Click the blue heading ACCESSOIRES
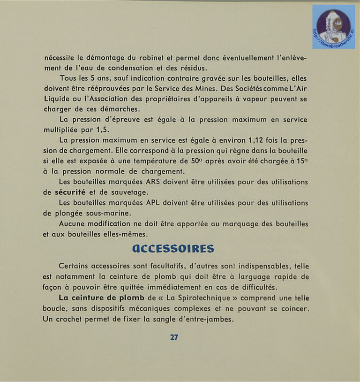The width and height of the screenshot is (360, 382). (173, 249)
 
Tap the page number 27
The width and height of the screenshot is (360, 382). (174, 337)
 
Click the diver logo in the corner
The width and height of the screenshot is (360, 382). (333, 27)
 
